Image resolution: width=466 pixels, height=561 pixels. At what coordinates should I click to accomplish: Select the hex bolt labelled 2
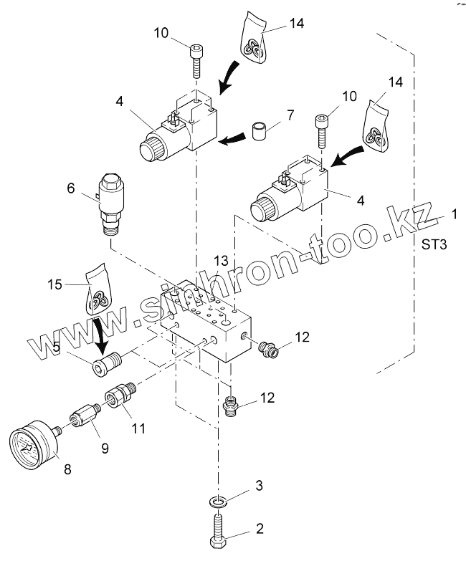pyautogui.click(x=218, y=530)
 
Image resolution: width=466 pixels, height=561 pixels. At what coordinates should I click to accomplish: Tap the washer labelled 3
pyautogui.click(x=218, y=499)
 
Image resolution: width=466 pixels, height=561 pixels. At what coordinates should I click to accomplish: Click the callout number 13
pyautogui.click(x=224, y=259)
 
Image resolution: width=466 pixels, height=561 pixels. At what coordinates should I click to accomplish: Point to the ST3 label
pyautogui.click(x=434, y=245)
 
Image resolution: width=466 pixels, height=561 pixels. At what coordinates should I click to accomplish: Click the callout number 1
pyautogui.click(x=453, y=214)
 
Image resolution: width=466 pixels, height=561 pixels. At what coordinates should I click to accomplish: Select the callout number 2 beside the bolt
pyautogui.click(x=260, y=529)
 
